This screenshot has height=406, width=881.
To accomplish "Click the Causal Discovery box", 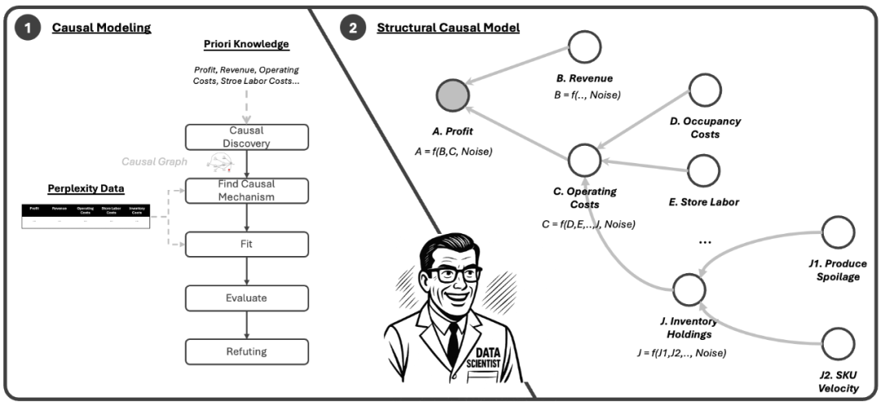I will click(x=246, y=137).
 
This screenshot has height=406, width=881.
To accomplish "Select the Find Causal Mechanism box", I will click(x=246, y=191).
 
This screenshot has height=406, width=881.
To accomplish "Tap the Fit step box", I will click(x=246, y=243).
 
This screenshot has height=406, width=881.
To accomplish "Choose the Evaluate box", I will click(x=246, y=298).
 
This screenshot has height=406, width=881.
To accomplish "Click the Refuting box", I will click(x=246, y=351).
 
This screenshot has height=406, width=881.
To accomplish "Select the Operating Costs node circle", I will click(x=584, y=161).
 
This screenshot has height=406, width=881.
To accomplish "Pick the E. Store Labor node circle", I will click(x=703, y=170).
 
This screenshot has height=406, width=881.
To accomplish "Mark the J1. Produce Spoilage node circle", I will click(x=837, y=232).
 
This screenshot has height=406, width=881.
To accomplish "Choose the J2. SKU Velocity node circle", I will click(x=837, y=344).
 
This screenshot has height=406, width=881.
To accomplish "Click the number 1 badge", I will click(x=28, y=27).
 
